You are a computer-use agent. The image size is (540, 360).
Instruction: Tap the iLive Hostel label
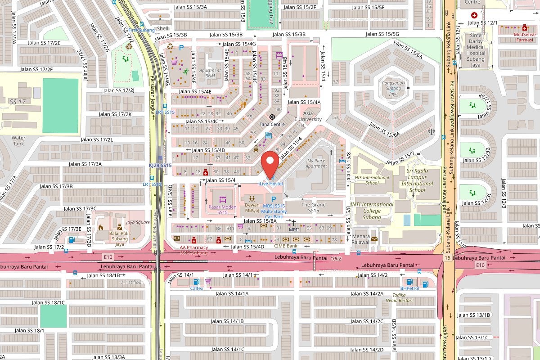(x=270, y=184)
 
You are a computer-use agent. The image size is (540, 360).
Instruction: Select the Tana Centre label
(x=272, y=124)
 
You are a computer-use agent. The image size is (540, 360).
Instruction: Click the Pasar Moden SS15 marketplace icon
(x=222, y=199)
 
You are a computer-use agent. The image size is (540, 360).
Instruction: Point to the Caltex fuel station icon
(x=196, y=282)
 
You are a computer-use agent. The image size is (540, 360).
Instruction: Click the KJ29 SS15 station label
(x=160, y=166)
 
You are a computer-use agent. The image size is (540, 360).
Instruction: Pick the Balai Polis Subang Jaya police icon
(x=120, y=227)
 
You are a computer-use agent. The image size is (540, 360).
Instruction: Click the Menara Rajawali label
(x=361, y=238)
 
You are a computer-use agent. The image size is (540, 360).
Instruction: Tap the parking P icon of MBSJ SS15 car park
(x=273, y=199)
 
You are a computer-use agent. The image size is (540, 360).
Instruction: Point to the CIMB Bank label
(x=285, y=246)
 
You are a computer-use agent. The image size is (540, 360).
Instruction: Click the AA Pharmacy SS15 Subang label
(x=194, y=250)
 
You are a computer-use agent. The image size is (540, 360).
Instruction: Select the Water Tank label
(x=18, y=140)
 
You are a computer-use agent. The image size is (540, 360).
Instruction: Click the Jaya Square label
(x=138, y=222)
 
